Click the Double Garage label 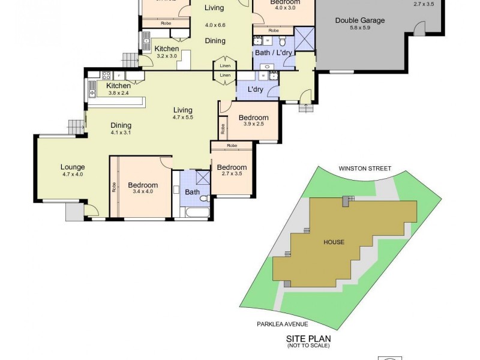coord(360,20)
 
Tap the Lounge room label coord(73,167)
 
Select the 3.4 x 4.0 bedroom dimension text coord(143,193)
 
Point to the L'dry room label coord(255,89)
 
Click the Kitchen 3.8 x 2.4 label coord(119,86)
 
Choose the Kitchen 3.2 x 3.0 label coord(166,49)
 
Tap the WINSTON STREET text coord(364,169)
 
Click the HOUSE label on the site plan coord(334,242)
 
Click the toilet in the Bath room coord(204,198)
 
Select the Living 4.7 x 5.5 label coord(183,110)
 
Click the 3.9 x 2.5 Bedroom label coord(252,118)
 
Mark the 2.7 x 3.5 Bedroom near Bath coord(232,167)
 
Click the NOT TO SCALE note coord(308,346)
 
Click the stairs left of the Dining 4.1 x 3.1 coord(75,127)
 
